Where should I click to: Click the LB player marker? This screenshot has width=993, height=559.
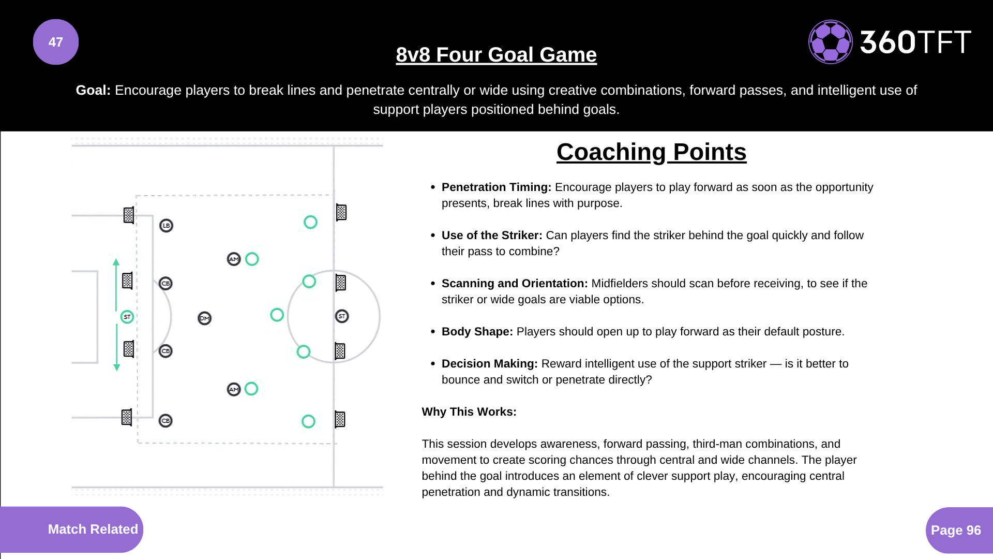pyautogui.click(x=166, y=226)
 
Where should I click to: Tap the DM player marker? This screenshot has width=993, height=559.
pyautogui.click(x=205, y=318)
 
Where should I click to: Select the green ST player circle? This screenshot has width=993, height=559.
pyautogui.click(x=127, y=317)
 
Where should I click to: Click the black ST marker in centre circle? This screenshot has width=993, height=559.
pyautogui.click(x=342, y=316)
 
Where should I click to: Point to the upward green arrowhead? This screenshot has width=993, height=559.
pyautogui.click(x=116, y=262)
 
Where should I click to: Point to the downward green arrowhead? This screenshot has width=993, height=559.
pyautogui.click(x=117, y=367)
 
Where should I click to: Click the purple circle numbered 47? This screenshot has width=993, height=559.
pyautogui.click(x=56, y=42)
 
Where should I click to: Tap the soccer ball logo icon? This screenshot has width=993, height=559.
pyautogui.click(x=830, y=42)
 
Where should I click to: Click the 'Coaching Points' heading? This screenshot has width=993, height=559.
pyautogui.click(x=651, y=152)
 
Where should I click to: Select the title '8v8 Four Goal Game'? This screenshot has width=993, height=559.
pyautogui.click(x=496, y=55)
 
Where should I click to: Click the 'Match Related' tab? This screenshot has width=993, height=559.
pyautogui.click(x=93, y=529)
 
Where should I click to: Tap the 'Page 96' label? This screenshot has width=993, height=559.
pyautogui.click(x=956, y=530)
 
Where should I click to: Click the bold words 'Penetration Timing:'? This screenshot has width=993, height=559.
pyautogui.click(x=496, y=187)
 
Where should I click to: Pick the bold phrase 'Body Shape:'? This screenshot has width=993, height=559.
pyautogui.click(x=477, y=332)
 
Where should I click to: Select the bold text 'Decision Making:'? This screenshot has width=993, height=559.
pyautogui.click(x=489, y=364)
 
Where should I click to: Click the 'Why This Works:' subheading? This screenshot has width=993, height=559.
pyautogui.click(x=469, y=412)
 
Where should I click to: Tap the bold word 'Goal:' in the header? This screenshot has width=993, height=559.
pyautogui.click(x=93, y=91)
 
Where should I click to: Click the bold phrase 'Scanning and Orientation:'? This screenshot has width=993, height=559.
pyautogui.click(x=514, y=284)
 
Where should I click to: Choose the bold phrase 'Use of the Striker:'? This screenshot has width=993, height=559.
pyautogui.click(x=491, y=236)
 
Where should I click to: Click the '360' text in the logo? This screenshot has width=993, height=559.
pyautogui.click(x=887, y=42)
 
